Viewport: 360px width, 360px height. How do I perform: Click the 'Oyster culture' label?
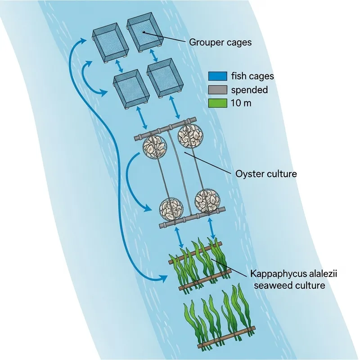(x=266, y=173)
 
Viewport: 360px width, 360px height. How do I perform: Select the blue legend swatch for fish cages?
(x=218, y=76)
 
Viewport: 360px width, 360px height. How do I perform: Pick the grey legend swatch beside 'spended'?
(x=218, y=90)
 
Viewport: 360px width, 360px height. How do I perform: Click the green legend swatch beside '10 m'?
(x=218, y=103)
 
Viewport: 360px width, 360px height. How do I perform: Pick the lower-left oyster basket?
(x=172, y=209)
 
